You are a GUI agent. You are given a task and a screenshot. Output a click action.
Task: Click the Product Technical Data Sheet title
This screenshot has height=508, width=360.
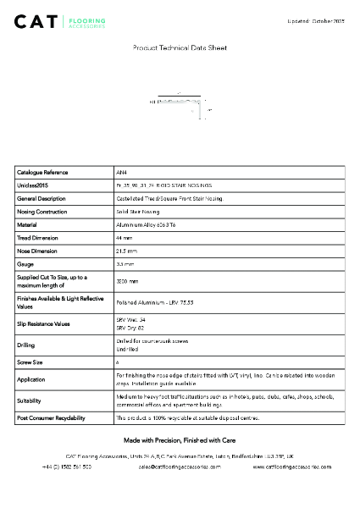[x=180, y=48]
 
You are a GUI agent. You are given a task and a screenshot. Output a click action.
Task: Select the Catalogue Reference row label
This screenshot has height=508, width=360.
[x=42, y=172]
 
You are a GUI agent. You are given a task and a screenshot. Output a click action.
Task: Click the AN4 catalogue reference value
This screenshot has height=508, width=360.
[x=120, y=172]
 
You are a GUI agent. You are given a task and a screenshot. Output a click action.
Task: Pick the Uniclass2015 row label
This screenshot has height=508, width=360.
[x=34, y=185]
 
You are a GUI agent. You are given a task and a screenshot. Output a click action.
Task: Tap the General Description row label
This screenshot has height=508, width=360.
[x=42, y=198]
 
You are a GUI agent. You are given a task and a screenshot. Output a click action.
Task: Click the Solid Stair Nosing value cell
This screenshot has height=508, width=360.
[x=137, y=211]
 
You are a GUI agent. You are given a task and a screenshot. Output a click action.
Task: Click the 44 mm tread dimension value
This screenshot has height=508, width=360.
[x=124, y=238]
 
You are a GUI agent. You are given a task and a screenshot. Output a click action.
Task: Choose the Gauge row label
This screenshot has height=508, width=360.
[x=26, y=264]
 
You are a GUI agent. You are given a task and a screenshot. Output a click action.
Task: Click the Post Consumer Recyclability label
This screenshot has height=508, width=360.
[x=51, y=417]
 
